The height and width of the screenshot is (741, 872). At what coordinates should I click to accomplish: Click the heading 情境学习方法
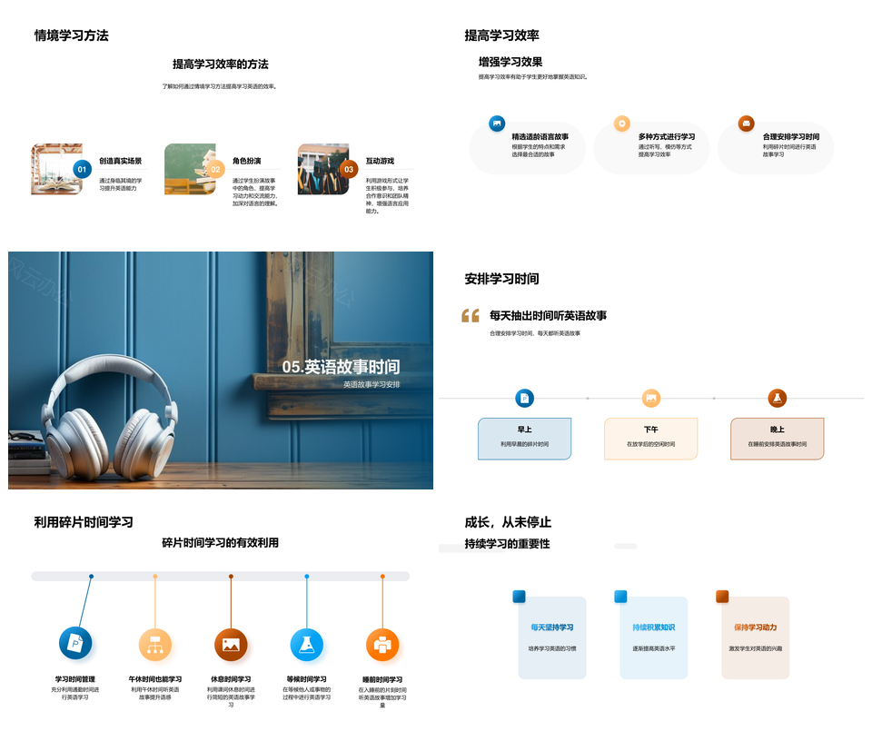point(71,35)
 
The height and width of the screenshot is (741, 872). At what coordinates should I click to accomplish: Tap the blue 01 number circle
point(82,169)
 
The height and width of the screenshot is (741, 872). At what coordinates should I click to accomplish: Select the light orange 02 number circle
point(215,169)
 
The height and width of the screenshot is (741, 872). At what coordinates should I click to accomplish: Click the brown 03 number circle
point(349,169)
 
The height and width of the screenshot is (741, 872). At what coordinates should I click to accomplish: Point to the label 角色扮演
point(246,161)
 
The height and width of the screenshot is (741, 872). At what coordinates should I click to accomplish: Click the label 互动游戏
point(380,161)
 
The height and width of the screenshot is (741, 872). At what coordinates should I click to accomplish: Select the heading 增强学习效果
point(510,62)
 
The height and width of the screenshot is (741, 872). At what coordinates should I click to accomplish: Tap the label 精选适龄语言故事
point(540,136)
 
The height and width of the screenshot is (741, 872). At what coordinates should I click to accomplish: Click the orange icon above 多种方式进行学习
point(621,123)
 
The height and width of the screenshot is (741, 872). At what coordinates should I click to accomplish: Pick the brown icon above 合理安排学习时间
point(746,123)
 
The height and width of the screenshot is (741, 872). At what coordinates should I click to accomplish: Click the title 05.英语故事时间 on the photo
point(341,367)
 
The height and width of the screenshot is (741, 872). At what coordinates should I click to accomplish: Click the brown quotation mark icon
point(470,316)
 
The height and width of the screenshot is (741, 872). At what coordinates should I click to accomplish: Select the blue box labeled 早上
point(524,439)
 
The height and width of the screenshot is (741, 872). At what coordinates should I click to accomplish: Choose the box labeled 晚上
point(777,439)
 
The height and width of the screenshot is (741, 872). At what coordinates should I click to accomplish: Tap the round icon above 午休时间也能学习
point(155,645)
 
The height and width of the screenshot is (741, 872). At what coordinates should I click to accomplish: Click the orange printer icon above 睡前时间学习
point(382,645)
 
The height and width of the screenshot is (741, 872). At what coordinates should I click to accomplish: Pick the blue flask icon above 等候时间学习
point(307,645)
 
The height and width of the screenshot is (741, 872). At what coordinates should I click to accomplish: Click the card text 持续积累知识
point(654,627)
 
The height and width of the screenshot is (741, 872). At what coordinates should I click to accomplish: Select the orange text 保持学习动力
point(756,627)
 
